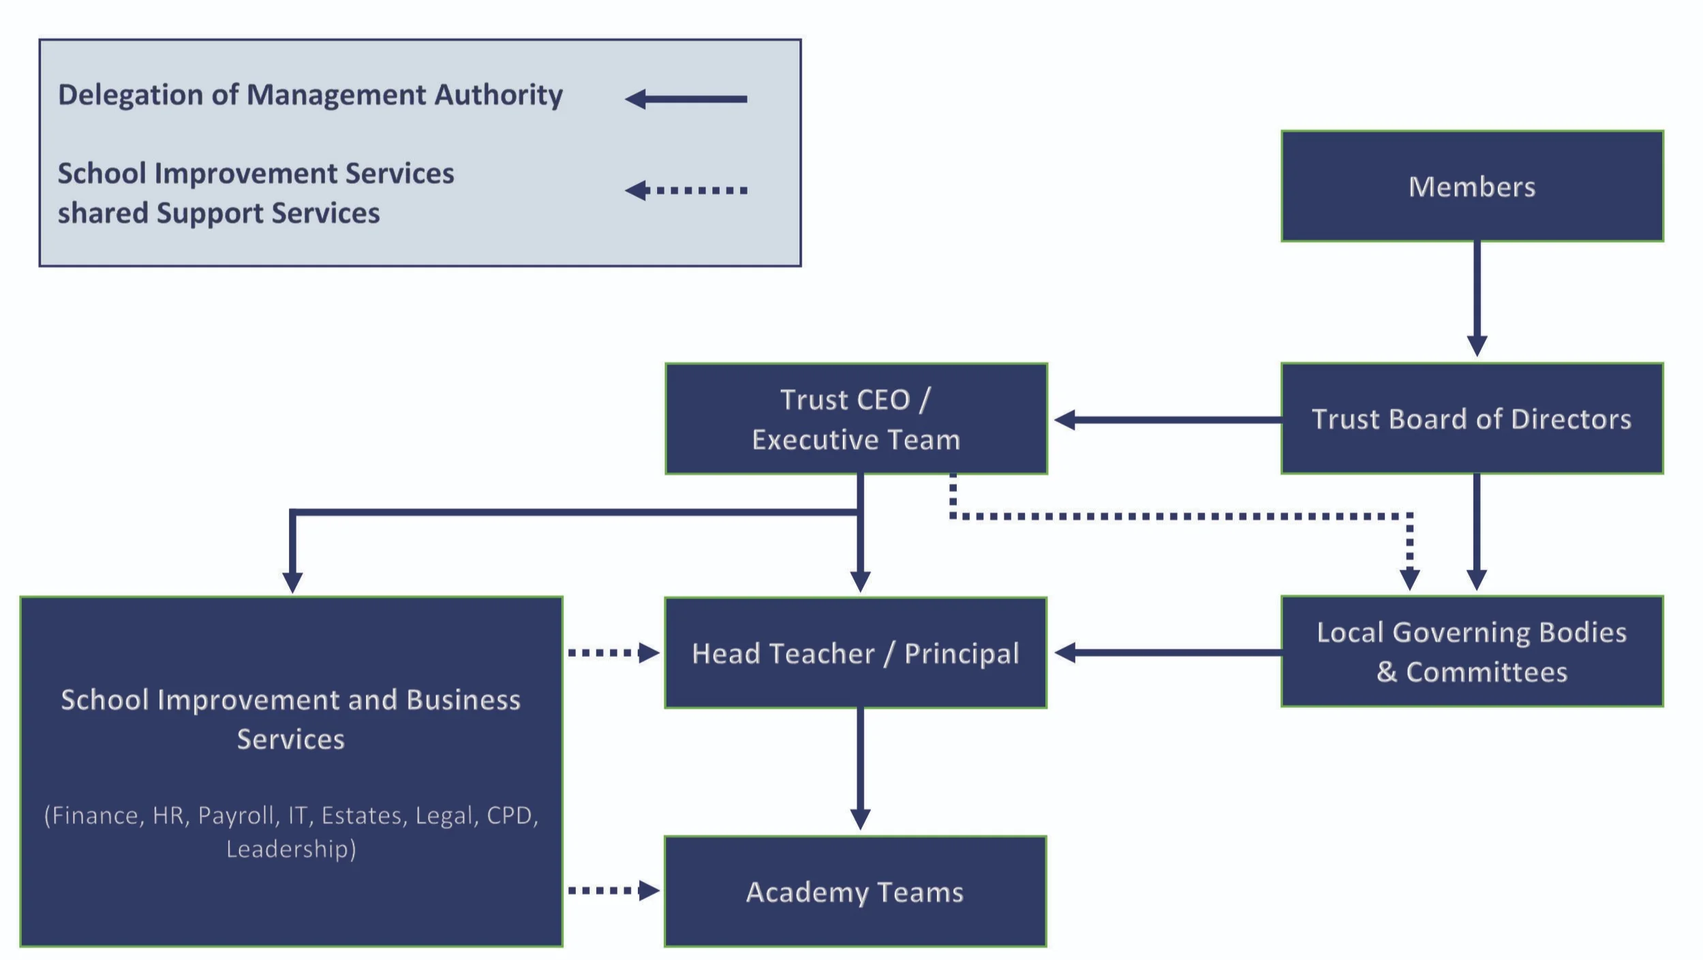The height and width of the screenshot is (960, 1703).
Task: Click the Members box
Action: tap(1471, 186)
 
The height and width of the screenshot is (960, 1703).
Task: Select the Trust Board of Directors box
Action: tap(1471, 418)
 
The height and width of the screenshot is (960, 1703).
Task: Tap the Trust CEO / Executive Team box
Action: tap(856, 418)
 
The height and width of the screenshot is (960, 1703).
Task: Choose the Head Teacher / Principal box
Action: tap(855, 653)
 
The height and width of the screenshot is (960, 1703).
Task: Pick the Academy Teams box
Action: tap(855, 891)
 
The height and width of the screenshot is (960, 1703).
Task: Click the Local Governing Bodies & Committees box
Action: tap(1471, 651)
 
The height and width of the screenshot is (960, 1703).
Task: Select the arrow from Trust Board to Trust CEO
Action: tap(1165, 420)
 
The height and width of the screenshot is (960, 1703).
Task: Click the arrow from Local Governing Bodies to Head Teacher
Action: tap(1165, 653)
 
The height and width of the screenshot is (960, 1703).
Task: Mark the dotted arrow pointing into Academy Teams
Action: tap(613, 891)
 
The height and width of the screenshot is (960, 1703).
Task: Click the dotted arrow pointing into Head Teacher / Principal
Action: tap(613, 653)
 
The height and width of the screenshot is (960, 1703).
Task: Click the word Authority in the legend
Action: tap(499, 95)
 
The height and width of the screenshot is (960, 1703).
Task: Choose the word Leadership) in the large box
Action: tap(291, 849)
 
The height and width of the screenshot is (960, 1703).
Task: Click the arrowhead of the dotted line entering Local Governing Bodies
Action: tap(1409, 579)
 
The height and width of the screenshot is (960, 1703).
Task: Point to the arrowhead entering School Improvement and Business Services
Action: tap(292, 583)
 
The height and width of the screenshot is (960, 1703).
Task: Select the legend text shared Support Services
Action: tap(219, 213)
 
